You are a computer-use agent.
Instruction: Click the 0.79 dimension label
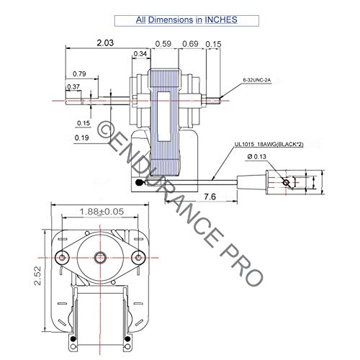point(79,73)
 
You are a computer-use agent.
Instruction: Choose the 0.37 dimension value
point(73,87)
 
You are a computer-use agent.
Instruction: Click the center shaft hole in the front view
point(100,256)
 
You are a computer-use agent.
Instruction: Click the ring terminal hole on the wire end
point(286,183)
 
